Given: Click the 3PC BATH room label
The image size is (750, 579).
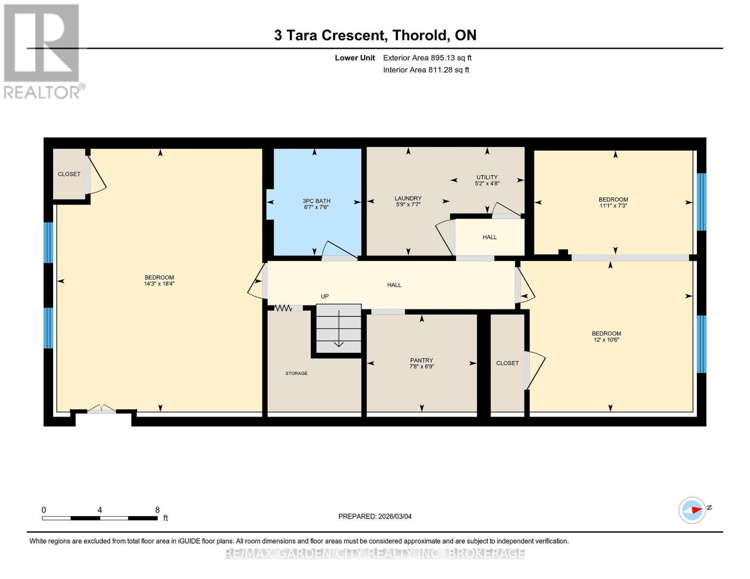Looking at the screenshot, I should coord(316,201).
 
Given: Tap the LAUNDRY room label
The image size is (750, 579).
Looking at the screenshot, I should coord(408,198).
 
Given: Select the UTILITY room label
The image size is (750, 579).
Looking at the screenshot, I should coord(486,177).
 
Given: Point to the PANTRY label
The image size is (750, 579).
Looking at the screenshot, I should coord(422,360).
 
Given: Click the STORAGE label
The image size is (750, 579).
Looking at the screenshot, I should coord(296,373).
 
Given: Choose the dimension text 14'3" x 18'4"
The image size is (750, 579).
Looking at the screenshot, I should coord(159,284).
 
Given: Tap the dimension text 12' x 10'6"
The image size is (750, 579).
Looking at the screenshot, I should coord(607,340).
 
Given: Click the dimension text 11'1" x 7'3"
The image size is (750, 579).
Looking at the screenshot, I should coord(613,206).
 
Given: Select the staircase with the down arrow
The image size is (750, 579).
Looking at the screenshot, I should coord(339,328).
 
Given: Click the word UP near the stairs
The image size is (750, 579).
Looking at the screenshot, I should coord(325,296).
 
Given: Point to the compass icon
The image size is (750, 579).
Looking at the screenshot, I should coord(692,510).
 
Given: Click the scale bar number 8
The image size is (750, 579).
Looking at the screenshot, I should coord(157,510).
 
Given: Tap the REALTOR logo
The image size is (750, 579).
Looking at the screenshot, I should coord(42,51).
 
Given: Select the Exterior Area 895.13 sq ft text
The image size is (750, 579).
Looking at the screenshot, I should coord(427,58).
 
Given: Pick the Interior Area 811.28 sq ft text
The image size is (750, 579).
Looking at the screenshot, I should coord(426,70).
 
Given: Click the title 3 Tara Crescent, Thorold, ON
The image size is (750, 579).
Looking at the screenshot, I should coord(375,35).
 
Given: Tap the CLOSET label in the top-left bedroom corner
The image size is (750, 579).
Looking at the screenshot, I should coord(69,174).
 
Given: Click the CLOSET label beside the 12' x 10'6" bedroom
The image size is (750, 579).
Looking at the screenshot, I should coord(507,363).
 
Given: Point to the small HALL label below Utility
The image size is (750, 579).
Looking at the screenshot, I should coord(489,237).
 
